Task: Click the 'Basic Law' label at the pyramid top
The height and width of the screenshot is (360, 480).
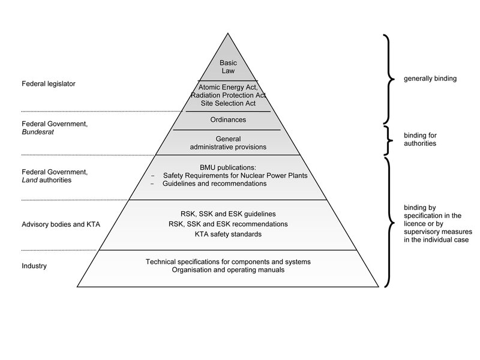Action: coord(228,67)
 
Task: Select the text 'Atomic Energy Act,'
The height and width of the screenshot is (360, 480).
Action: coord(228,88)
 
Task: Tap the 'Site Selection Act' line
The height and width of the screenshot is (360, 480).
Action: coord(228,103)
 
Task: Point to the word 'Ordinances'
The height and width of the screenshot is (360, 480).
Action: coord(228,119)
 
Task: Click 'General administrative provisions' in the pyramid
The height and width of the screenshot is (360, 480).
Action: coord(228,142)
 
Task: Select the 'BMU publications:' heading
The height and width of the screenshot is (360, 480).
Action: coord(228,167)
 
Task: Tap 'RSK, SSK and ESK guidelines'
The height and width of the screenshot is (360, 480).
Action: coord(228,214)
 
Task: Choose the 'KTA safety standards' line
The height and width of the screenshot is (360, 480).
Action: coord(228,234)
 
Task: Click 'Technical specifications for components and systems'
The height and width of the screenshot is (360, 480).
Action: coord(228,262)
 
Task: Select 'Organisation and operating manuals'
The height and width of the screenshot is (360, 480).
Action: coord(228,271)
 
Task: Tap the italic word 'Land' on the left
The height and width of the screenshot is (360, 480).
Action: coord(28,180)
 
